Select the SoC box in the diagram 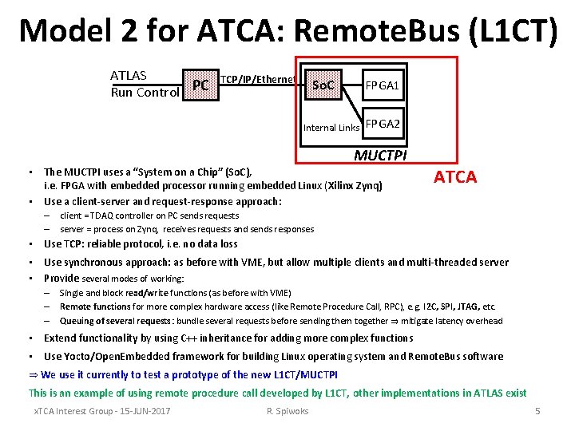point(323,85)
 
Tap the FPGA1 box point(383,85)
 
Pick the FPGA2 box point(383,125)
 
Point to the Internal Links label point(331,128)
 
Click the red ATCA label point(455,177)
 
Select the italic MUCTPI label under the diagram point(380,154)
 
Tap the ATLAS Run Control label point(145,84)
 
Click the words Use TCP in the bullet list point(65,244)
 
